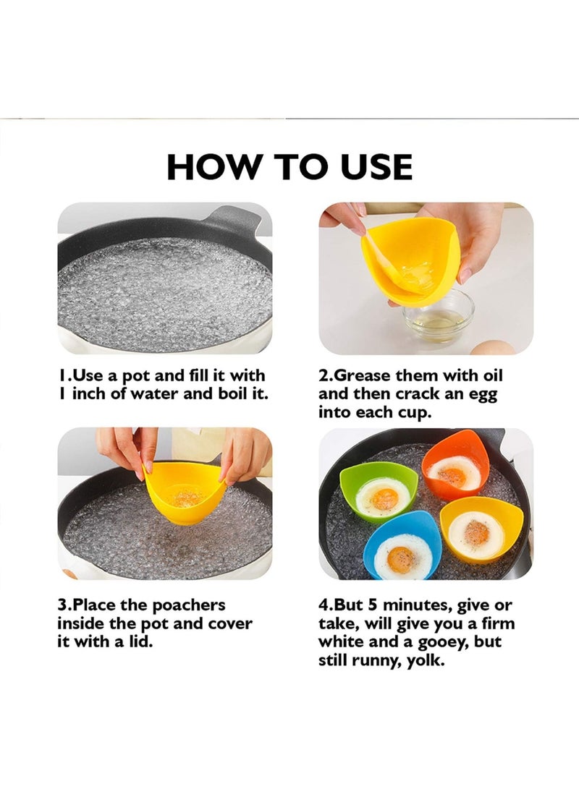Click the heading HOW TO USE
point(289,167)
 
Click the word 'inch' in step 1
point(94,394)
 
